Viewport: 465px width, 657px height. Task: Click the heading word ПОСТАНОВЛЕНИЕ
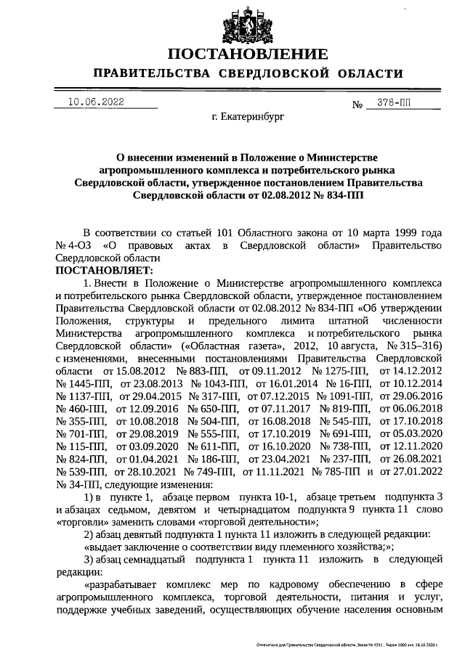click(245, 54)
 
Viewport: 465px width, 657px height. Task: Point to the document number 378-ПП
click(403, 103)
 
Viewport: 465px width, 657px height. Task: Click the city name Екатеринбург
click(248, 115)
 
